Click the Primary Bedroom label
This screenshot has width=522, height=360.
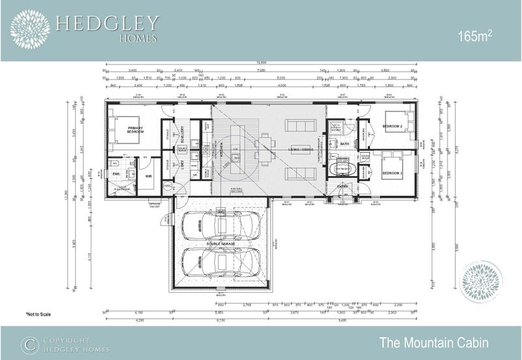click(x=135, y=130)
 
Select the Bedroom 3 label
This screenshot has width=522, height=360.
click(x=391, y=173)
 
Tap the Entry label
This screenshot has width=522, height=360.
click(x=343, y=186)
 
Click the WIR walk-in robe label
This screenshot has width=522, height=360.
click(x=148, y=176)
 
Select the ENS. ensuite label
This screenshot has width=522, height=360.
click(x=116, y=174)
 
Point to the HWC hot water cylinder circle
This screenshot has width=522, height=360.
click(x=167, y=187)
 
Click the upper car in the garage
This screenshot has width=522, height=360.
click(x=219, y=226)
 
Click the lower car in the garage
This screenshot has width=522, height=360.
click(x=219, y=262)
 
